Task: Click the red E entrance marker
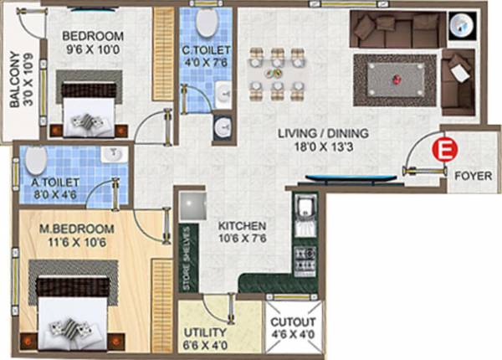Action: coord(443,150)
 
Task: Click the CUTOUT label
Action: coord(293,322)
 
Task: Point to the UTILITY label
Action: coord(204,332)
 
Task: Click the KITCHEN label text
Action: coord(243,226)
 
